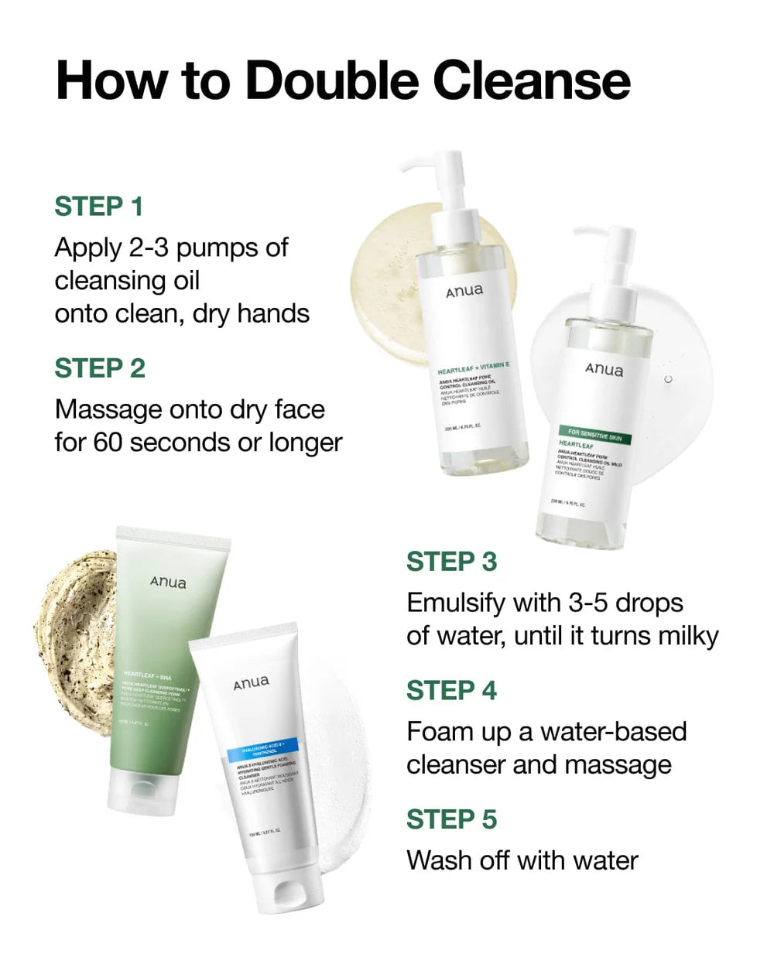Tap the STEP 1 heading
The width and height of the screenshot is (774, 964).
click(x=98, y=207)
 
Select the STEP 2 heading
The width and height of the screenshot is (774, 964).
click(x=99, y=368)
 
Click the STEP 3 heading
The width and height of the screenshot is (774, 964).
click(x=451, y=562)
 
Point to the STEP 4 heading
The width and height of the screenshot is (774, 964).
click(x=451, y=690)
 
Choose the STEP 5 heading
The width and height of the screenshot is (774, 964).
click(x=451, y=819)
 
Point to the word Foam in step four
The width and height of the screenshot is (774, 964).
click(x=440, y=732)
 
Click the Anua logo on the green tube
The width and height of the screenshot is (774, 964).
click(x=168, y=582)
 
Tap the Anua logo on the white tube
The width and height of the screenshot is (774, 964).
click(x=252, y=683)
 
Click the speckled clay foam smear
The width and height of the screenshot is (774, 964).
click(x=74, y=619)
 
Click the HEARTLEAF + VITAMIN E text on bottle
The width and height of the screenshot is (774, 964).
click(x=473, y=367)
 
